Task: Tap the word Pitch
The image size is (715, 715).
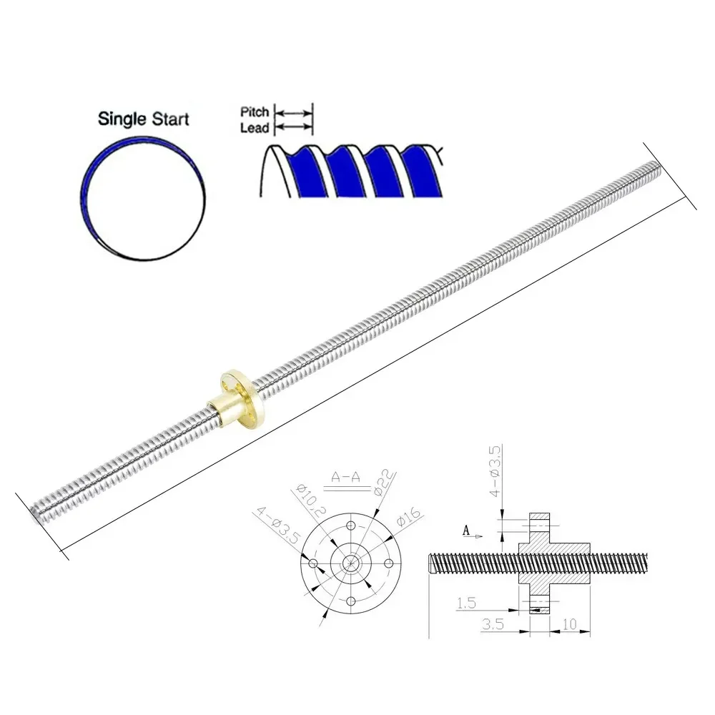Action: click(x=255, y=112)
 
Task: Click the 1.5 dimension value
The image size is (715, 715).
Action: click(x=466, y=604)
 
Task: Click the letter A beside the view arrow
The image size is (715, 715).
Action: click(x=466, y=531)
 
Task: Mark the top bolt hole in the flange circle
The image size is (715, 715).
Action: click(x=351, y=526)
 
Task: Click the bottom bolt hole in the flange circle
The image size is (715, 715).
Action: click(x=351, y=599)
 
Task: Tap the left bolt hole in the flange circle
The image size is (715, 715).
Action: click(x=313, y=563)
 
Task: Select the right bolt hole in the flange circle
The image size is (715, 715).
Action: click(x=388, y=563)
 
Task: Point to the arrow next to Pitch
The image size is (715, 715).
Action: click(x=295, y=113)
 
